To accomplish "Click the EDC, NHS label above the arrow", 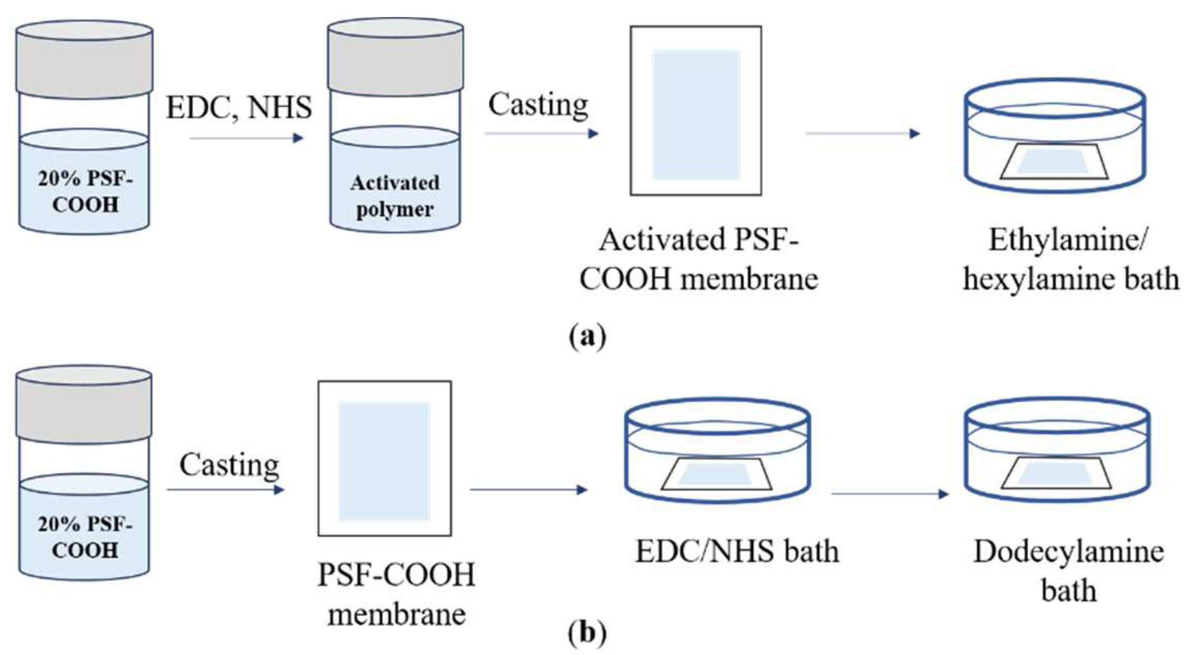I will [239, 107].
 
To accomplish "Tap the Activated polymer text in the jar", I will [395, 196].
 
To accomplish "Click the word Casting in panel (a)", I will [538, 105].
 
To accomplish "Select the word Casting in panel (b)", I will [229, 465].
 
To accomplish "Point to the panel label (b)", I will [587, 633].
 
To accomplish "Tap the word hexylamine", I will [1028, 279].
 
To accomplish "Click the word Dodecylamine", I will [1069, 552].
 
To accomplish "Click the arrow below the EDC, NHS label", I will [246, 138].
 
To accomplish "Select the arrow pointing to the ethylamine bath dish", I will [862, 134].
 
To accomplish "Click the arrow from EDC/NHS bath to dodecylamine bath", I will [889, 494].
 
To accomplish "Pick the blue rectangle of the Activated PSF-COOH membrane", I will [696, 114].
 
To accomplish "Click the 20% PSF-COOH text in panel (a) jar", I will [85, 192].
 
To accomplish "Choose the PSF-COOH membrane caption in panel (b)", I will [396, 594].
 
